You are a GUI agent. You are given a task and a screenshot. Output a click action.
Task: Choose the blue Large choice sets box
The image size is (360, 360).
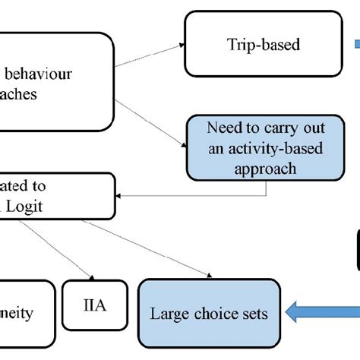(209, 312)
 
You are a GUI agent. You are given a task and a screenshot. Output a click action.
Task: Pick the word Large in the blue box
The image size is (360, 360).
(169, 312)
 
